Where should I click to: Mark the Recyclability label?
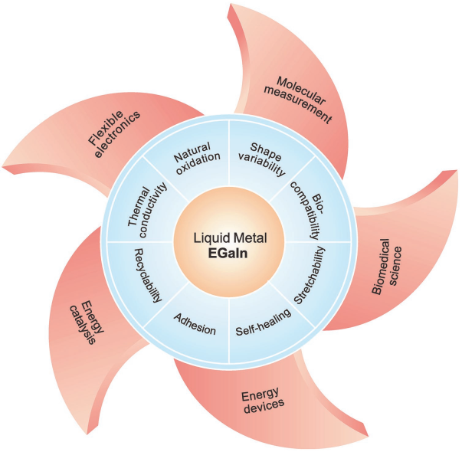148,272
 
